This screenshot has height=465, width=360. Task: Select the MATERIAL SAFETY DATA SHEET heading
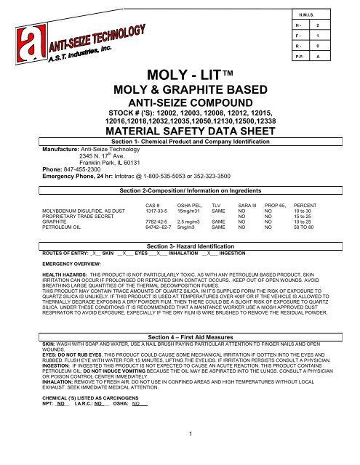(x=180, y=132)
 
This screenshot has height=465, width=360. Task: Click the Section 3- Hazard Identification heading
(x=187, y=247)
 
